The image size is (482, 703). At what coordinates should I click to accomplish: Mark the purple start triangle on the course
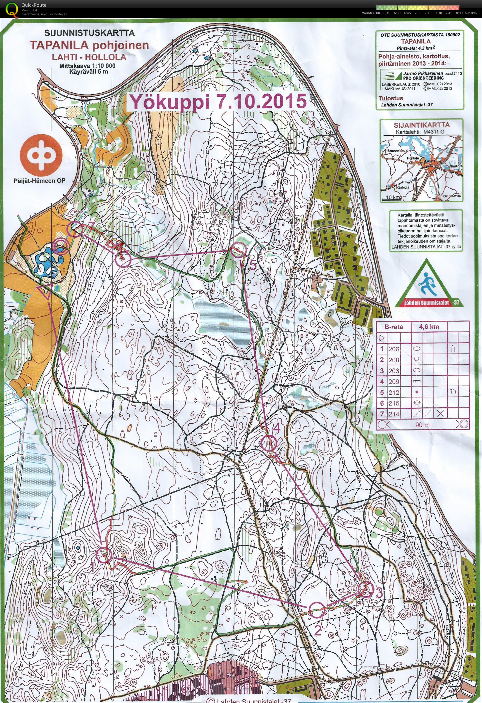45,291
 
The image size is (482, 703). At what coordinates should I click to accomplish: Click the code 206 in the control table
394,349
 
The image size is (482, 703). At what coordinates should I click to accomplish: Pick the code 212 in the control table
394,393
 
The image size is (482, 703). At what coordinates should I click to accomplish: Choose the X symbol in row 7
440,414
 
